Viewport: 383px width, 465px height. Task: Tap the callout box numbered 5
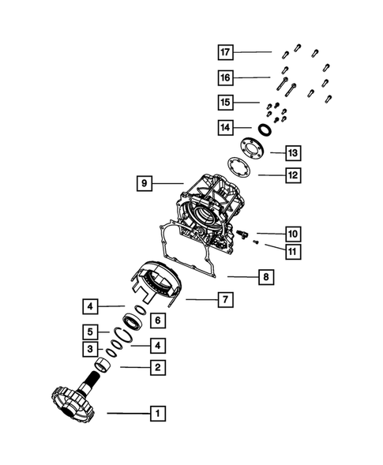point(92,332)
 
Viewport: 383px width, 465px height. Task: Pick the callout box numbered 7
point(224,299)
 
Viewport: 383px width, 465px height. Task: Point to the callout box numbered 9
point(144,183)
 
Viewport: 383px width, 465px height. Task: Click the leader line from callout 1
point(126,413)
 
